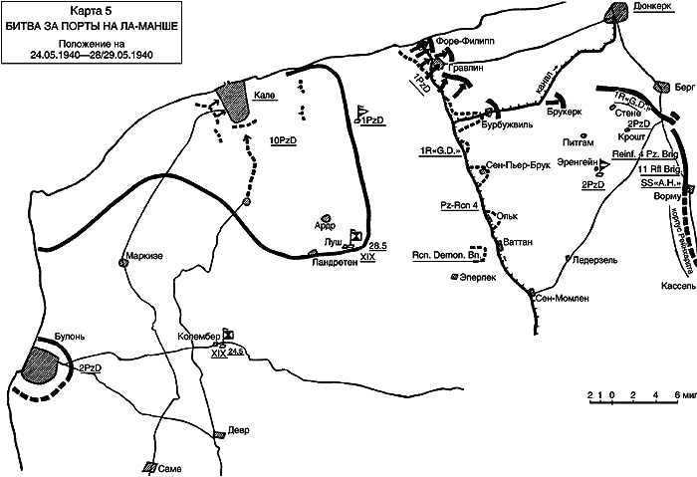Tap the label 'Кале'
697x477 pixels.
264,95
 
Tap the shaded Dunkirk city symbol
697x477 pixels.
614,12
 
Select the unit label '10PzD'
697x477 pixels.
286,140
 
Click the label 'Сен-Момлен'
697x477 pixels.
563,297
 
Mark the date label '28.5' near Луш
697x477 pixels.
377,244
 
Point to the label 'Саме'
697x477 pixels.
170,466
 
